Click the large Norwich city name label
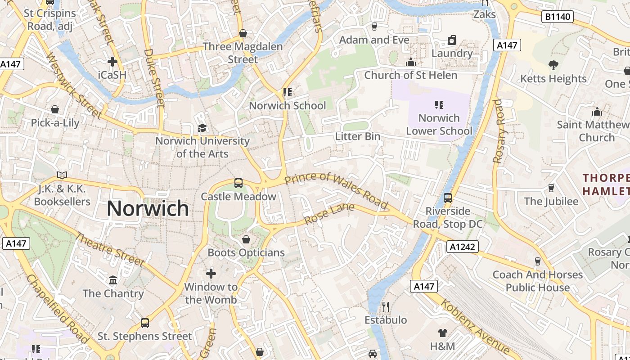tap(148, 208)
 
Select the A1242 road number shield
tap(462, 247)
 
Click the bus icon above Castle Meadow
tap(238, 183)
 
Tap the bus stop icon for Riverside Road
tap(447, 198)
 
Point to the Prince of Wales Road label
tap(337, 190)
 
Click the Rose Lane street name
tap(329, 214)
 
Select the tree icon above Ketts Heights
tap(553, 65)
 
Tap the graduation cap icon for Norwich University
tap(202, 128)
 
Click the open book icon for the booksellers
tap(62, 175)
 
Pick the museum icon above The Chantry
tap(113, 280)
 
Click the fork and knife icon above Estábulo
tap(385, 307)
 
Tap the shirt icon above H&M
tap(442, 333)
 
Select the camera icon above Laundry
tap(452, 40)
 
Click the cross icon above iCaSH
tap(112, 61)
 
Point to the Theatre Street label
tap(109, 249)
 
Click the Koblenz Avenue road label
tap(475, 326)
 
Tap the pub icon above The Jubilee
tap(551, 188)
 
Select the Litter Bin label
tap(357, 136)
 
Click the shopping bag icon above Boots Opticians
tap(246, 239)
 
